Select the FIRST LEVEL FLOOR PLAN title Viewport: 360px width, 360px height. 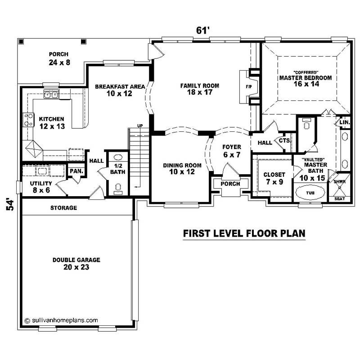click(244, 234)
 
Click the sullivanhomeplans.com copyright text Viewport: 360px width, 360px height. click(61, 320)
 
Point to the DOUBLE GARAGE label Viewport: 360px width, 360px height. click(76, 260)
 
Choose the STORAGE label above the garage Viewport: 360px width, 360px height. click(63, 208)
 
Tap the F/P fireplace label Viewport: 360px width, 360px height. click(248, 85)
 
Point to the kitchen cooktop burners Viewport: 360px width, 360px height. click(28, 119)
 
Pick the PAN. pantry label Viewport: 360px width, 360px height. click(74, 171)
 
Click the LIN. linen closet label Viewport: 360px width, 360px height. click(344, 122)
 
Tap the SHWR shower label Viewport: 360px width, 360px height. click(340, 181)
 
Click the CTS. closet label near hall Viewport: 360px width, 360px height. click(285, 140)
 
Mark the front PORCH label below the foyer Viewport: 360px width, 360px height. click(230, 184)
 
